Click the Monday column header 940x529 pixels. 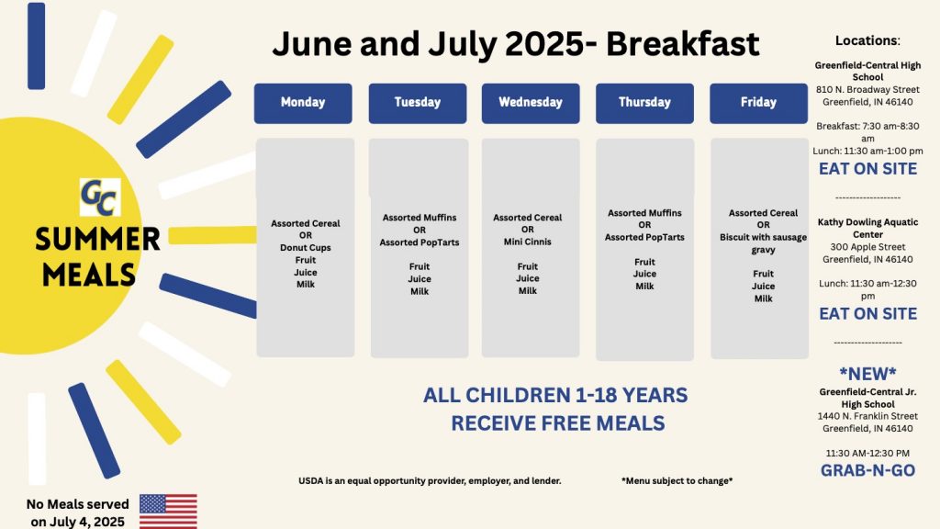point(303,103)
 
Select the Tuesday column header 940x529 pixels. point(418,103)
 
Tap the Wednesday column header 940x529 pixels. point(531,103)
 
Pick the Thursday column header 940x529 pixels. point(644,103)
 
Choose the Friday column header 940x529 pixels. point(758,103)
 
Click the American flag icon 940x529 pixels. point(169,511)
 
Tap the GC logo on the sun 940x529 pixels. point(100,197)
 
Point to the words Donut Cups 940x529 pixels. point(305,248)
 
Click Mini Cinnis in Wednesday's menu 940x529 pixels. point(528,242)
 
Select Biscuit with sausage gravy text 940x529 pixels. point(763,243)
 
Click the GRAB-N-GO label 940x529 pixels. point(867,470)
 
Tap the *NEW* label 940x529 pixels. point(867,374)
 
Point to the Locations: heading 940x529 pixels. point(867,40)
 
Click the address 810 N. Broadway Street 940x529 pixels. point(867,90)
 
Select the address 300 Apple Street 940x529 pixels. point(867,247)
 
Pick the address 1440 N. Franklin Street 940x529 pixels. point(867,416)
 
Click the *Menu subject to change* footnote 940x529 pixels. point(677,481)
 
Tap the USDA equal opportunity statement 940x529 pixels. point(430,481)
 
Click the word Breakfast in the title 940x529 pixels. point(683,44)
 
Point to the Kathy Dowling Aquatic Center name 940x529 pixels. point(867,229)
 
